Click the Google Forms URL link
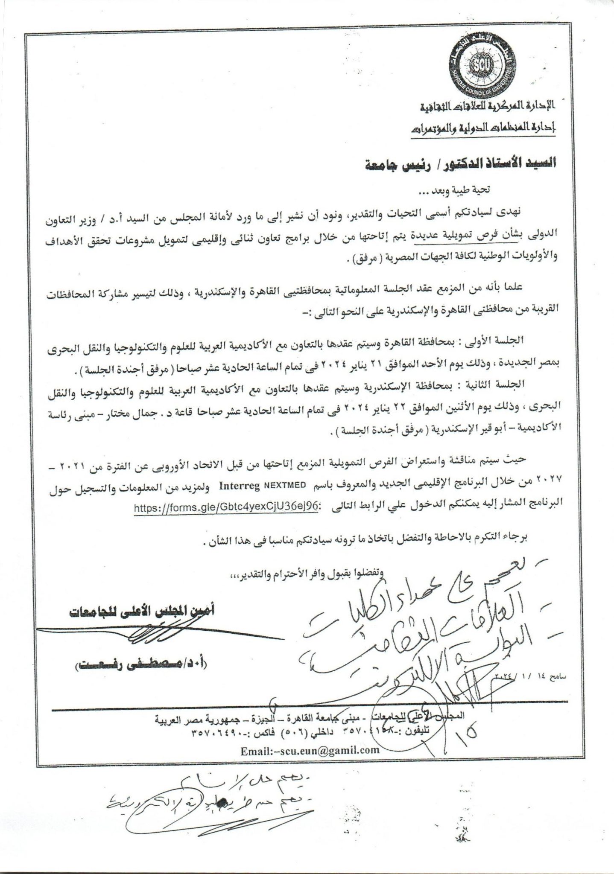pyautogui.click(x=226, y=507)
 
